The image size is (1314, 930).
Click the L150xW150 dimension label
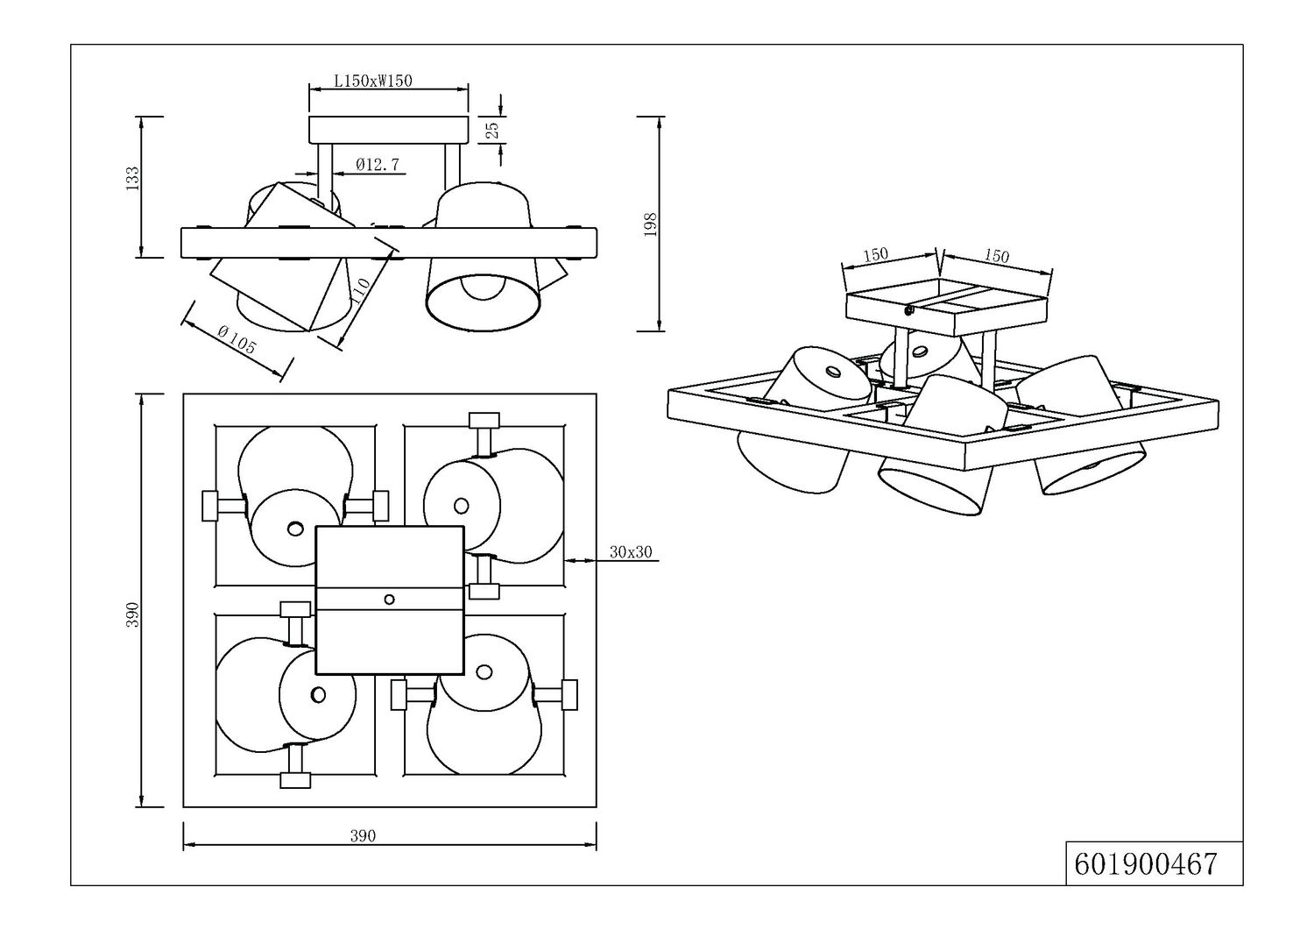[373, 81]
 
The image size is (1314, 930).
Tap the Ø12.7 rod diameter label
[378, 165]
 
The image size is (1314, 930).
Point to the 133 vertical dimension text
[134, 179]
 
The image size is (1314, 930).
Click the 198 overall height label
[650, 224]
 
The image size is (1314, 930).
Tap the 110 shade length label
[359, 290]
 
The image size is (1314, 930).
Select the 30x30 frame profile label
[632, 552]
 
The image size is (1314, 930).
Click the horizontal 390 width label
[364, 835]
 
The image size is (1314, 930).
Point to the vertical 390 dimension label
[133, 614]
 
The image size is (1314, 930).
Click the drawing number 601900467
[1146, 864]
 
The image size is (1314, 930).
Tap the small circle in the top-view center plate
[389, 600]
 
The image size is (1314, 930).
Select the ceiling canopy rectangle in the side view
[389, 130]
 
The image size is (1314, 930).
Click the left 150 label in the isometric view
[875, 255]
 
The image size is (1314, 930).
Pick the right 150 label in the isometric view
[996, 255]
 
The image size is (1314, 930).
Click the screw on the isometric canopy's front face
[909, 310]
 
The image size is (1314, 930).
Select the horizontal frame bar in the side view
[389, 243]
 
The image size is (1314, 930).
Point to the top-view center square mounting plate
[390, 600]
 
